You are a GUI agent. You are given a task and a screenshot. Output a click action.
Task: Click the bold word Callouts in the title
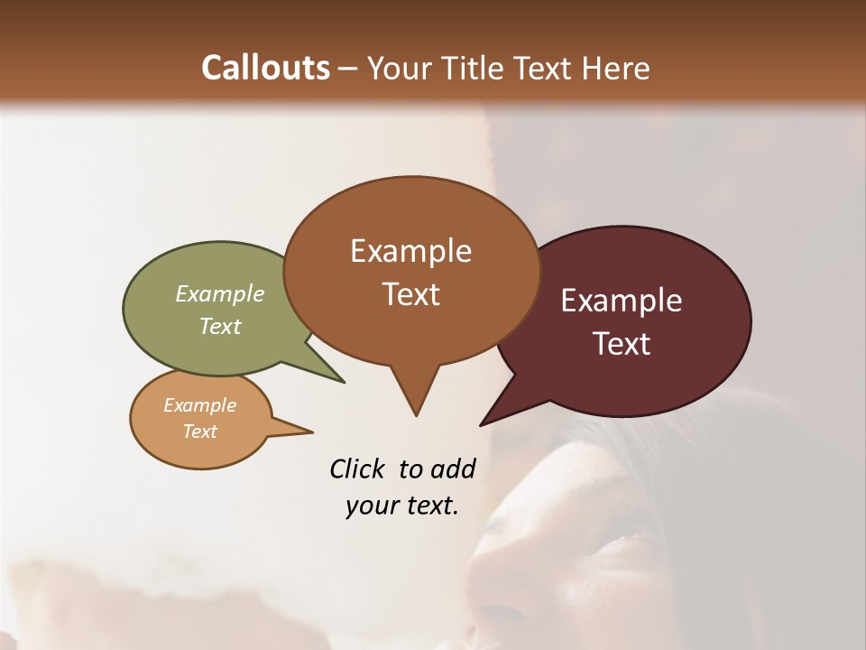coord(265,68)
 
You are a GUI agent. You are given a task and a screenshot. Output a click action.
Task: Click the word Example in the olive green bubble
coord(220,293)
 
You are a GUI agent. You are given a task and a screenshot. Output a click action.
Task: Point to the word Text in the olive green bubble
coord(220,326)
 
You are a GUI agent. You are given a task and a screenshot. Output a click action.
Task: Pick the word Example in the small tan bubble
coord(199,405)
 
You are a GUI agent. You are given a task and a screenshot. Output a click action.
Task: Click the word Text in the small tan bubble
coord(199,432)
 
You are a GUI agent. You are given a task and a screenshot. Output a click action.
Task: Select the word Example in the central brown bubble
coord(410,251)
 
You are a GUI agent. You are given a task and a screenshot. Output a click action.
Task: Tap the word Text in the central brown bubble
coord(410,294)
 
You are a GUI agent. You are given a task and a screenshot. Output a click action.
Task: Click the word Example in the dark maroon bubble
coord(622,301)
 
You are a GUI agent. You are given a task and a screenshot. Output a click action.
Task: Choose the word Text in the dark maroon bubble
coord(622,344)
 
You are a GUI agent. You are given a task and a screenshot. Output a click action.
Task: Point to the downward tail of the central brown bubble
coord(415,402)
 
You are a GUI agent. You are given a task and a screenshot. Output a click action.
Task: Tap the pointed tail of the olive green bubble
coord(332,375)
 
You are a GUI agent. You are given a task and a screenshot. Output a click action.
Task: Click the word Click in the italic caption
coord(357,469)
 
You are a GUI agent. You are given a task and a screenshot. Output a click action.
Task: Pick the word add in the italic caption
coord(452,469)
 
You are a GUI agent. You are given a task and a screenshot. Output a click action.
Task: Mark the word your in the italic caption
coord(371,506)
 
